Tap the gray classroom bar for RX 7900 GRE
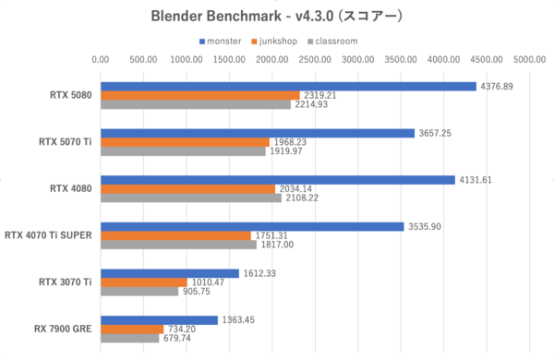coord(129,338)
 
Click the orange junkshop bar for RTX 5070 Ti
coord(185,141)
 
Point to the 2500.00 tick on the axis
coord(314,60)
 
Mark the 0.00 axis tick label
coord(101,60)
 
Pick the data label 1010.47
coord(207,282)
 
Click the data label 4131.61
coord(476,179)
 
